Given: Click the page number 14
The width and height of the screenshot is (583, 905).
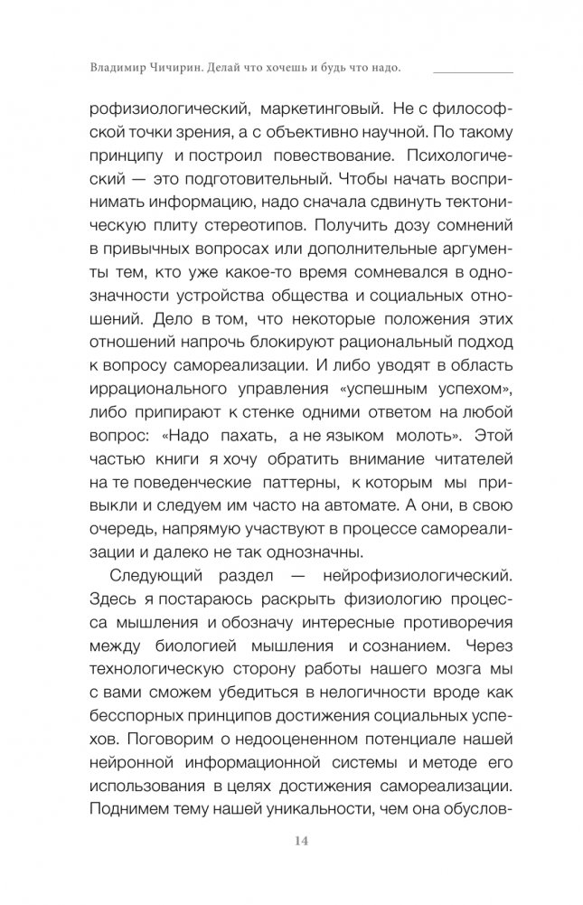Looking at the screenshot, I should pyautogui.click(x=290, y=843).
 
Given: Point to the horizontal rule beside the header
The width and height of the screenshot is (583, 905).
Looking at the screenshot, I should pyautogui.click(x=473, y=71).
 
